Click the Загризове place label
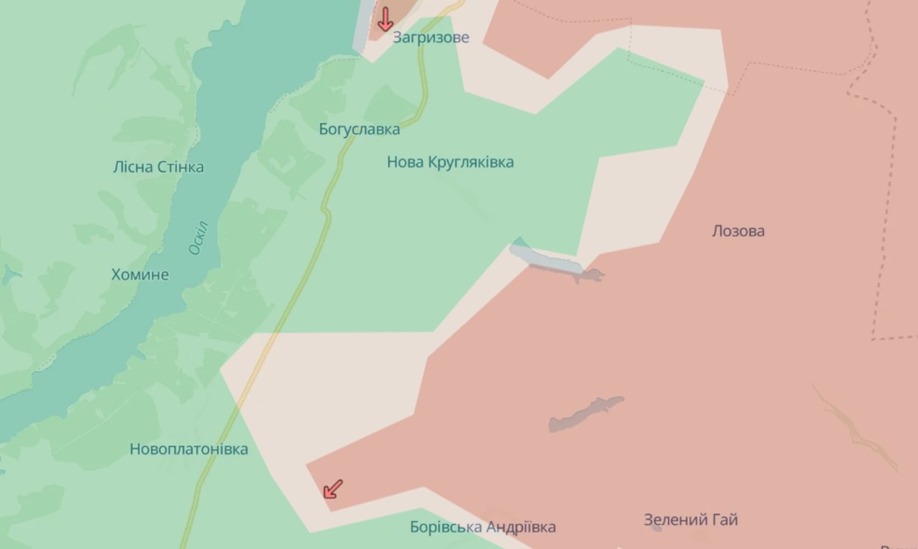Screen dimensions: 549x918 [430, 37]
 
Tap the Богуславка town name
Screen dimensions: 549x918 [359, 129]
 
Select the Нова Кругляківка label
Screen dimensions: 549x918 [450, 162]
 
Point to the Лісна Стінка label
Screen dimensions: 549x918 [158, 167]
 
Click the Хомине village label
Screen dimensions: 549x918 [140, 274]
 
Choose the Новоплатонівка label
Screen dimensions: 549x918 [189, 449]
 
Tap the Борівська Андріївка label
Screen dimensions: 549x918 [483, 527]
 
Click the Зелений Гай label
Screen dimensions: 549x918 [690, 519]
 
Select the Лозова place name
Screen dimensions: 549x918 [738, 231]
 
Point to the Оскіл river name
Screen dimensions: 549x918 [198, 238]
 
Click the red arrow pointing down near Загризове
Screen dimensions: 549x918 [386, 19]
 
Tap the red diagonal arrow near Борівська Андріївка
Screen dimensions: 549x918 [333, 489]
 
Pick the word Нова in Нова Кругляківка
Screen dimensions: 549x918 [405, 162]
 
